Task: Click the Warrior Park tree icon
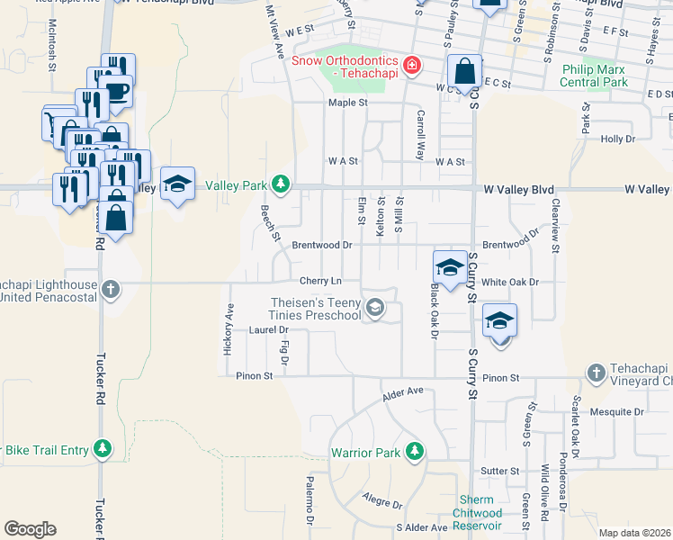(414, 451)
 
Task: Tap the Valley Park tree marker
(282, 184)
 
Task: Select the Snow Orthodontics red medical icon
(411, 65)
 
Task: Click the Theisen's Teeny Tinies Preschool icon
(375, 309)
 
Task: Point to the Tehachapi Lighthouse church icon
(110, 290)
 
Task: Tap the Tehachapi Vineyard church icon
(595, 373)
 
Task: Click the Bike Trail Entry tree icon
(103, 448)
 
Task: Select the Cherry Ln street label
(322, 281)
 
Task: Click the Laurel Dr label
(264, 329)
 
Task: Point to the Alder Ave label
(402, 393)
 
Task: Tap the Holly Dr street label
(618, 139)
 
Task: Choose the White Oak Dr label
(509, 282)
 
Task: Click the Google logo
(30, 529)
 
